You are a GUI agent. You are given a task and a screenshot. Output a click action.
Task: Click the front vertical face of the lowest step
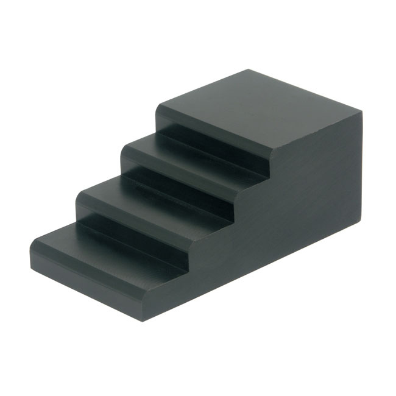(x=85, y=277)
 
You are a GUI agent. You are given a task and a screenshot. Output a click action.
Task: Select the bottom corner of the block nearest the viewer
(x=144, y=320)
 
